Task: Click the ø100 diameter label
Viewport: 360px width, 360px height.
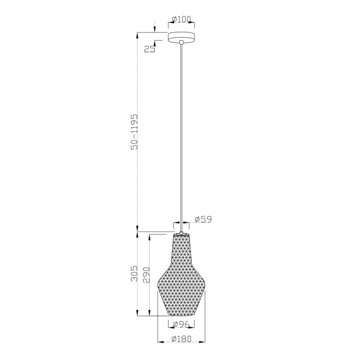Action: (181, 20)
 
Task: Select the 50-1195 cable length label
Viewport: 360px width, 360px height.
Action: (134, 133)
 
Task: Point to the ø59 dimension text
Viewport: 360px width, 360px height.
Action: (202, 220)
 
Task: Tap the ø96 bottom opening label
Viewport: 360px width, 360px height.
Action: (181, 325)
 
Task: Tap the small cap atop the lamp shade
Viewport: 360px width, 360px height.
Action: (181, 233)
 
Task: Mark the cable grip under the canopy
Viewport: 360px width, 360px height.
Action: (181, 44)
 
